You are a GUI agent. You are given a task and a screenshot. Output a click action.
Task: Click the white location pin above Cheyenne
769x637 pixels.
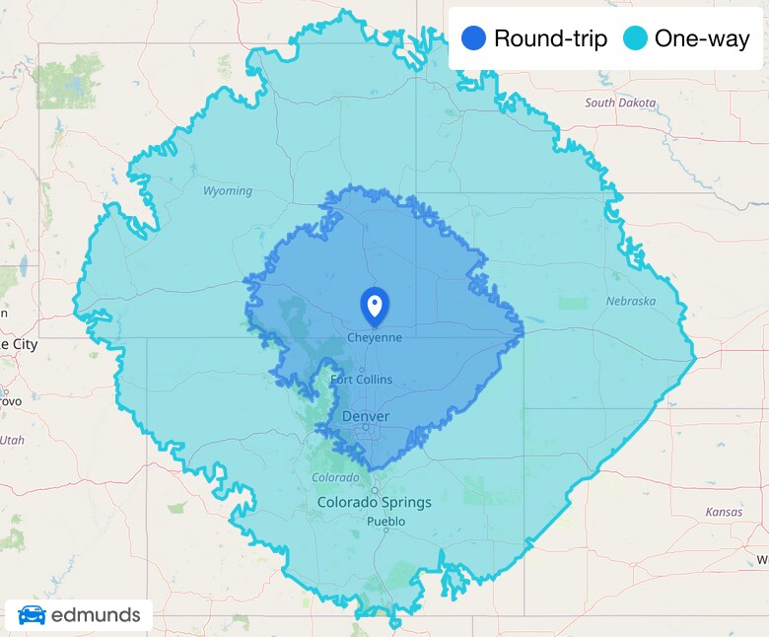pyautogui.click(x=375, y=306)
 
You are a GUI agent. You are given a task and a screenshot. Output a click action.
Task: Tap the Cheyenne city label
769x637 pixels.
pyautogui.click(x=375, y=337)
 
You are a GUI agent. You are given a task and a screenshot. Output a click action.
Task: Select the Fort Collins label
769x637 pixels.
pyautogui.click(x=361, y=380)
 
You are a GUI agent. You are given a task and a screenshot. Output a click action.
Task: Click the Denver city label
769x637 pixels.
pyautogui.click(x=365, y=417)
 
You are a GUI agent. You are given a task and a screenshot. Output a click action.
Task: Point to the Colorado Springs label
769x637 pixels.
pyautogui.click(x=374, y=502)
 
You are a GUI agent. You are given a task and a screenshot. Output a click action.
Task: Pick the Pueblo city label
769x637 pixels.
pyautogui.click(x=385, y=521)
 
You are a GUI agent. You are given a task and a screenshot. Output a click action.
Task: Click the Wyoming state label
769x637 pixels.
pyautogui.click(x=228, y=191)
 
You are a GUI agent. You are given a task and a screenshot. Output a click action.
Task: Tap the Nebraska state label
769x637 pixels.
pyautogui.click(x=631, y=301)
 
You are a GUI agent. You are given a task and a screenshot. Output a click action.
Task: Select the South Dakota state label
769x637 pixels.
pyautogui.click(x=620, y=103)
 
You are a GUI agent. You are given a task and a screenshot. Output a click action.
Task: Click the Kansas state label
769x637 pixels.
pyautogui.click(x=725, y=512)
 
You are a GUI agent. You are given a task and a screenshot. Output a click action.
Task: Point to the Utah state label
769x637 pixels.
pyautogui.click(x=12, y=440)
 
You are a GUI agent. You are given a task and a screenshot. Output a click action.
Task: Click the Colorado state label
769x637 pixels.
pyautogui.click(x=335, y=477)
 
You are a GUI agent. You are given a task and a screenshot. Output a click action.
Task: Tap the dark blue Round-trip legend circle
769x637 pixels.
pyautogui.click(x=474, y=39)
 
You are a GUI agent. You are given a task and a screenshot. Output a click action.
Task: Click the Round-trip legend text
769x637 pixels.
pyautogui.click(x=550, y=39)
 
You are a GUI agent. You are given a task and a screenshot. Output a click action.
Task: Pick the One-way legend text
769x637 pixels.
pyautogui.click(x=702, y=39)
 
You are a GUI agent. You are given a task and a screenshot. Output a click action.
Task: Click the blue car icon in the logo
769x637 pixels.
pyautogui.click(x=32, y=616)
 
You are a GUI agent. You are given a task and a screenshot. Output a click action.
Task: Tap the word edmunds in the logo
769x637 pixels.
pyautogui.click(x=95, y=616)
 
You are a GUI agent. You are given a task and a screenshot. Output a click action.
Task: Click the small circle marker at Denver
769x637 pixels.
pyautogui.click(x=365, y=427)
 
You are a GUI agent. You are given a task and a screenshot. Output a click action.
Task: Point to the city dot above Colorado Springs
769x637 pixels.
pyautogui.click(x=375, y=489)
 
